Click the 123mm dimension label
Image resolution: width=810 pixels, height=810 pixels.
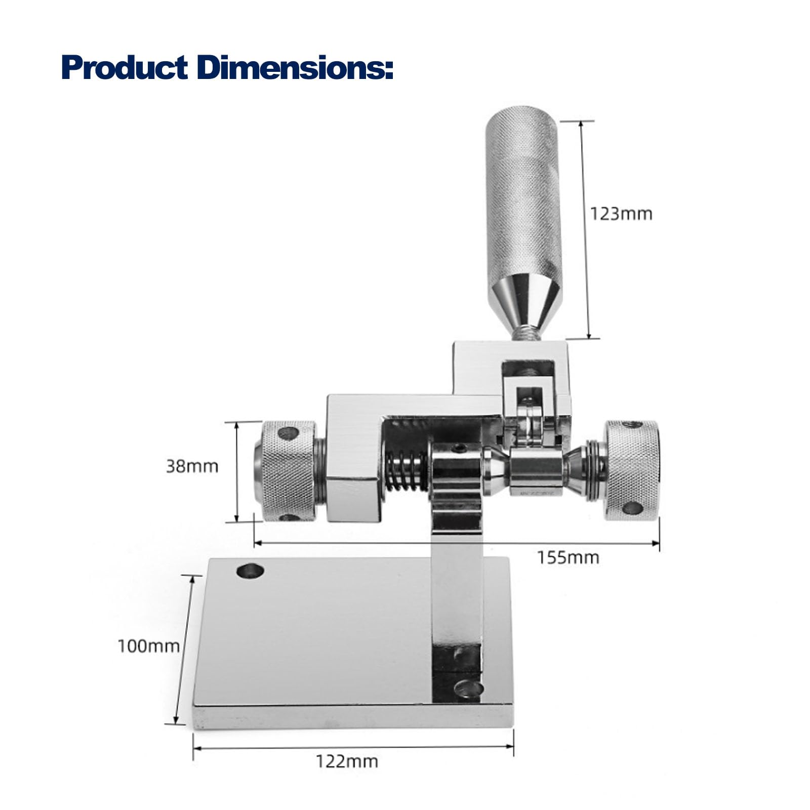621,214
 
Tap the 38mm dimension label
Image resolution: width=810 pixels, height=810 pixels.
192,466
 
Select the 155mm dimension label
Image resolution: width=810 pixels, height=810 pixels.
568,557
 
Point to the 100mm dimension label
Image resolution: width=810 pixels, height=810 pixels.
149,646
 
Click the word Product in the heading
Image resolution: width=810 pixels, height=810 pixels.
125,68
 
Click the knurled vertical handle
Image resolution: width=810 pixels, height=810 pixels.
524,192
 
